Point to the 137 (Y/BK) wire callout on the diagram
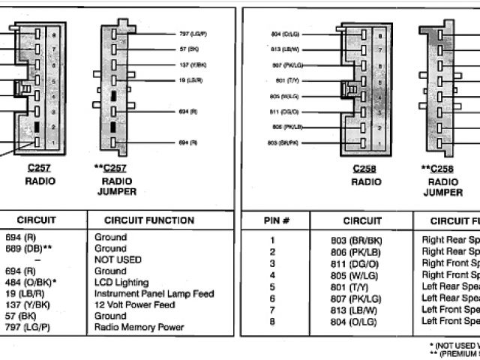pos(193,64)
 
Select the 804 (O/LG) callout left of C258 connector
pos(284,34)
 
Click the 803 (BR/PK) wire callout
pos(283,142)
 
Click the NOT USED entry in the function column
pos(118,259)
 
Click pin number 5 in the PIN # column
pos(272,287)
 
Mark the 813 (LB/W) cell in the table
pos(357,310)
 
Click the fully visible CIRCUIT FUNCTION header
pos(149,220)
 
